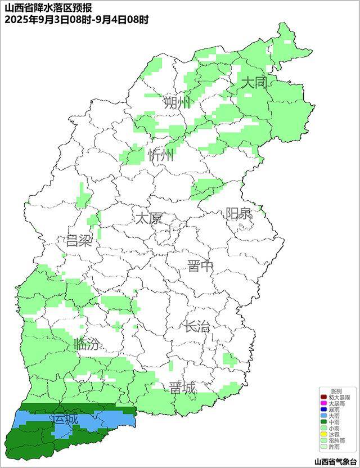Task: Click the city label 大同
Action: point(253,83)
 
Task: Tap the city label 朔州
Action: point(177,102)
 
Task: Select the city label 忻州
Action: point(161,155)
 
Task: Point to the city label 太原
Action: point(148,218)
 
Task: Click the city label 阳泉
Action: point(239,214)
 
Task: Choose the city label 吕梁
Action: point(79,241)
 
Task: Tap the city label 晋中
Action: point(201,266)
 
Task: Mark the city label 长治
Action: point(196,326)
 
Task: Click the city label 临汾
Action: point(87,345)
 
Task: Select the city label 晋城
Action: point(183,388)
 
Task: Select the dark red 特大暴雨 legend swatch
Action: point(323,397)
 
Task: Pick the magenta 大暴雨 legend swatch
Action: point(323,403)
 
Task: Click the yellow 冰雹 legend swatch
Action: point(323,434)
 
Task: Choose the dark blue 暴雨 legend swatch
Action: point(323,409)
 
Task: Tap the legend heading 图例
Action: point(336,391)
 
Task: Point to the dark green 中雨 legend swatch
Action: point(323,422)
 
